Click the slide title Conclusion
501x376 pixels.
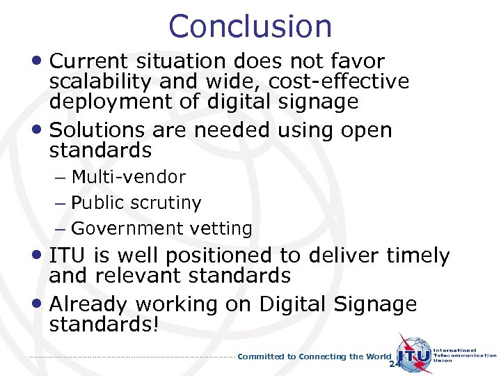pyautogui.click(x=250, y=26)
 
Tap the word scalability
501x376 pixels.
pyautogui.click(x=102, y=81)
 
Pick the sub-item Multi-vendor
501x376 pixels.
pyautogui.click(x=129, y=178)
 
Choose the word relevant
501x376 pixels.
pyautogui.click(x=135, y=276)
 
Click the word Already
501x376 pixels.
pyautogui.click(x=89, y=304)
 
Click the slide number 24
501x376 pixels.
pyautogui.click(x=395, y=364)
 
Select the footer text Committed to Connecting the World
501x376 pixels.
pyautogui.click(x=315, y=357)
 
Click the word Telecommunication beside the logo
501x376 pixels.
pyautogui.click(x=465, y=355)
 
